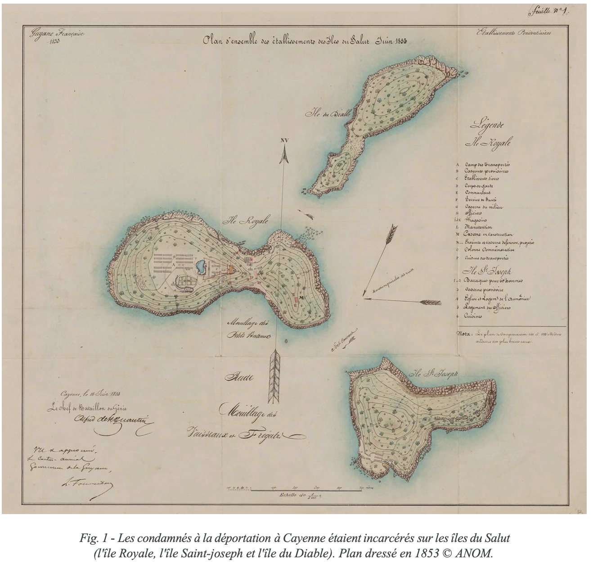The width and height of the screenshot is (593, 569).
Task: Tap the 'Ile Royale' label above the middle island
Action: [x=247, y=221]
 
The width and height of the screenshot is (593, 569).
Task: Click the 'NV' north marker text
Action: [x=284, y=140]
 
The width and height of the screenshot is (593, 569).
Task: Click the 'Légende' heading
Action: [x=487, y=126]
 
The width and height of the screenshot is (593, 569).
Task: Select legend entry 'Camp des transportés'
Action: [x=487, y=165]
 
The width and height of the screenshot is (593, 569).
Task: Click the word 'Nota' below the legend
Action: [x=464, y=334]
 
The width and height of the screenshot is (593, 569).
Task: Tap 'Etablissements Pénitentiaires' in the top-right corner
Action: [x=513, y=33]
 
